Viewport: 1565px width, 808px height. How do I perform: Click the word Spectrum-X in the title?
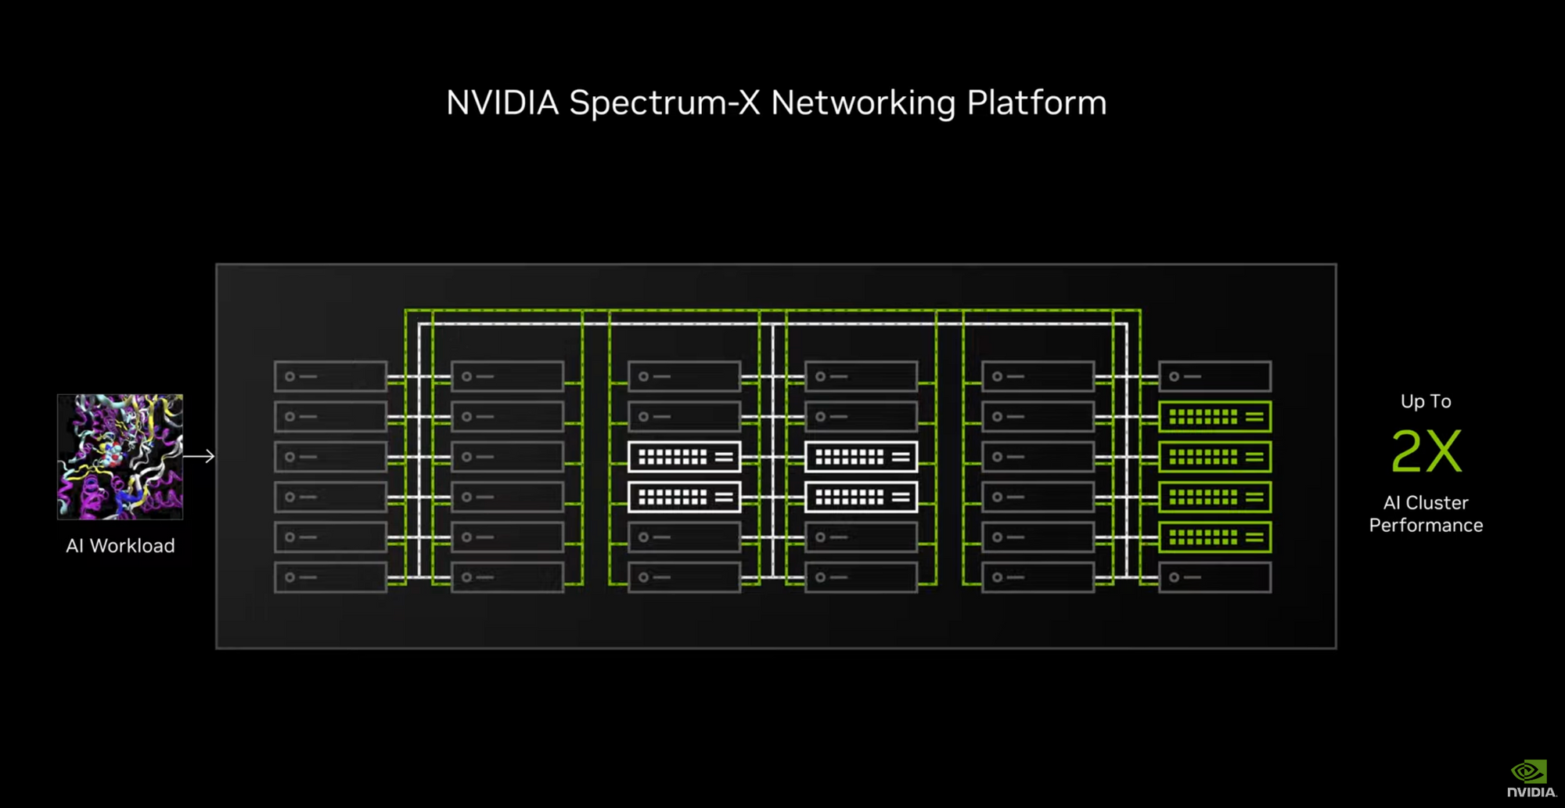click(664, 103)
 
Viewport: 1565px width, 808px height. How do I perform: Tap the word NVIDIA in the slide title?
click(502, 103)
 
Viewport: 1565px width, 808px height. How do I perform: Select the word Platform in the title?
click(1036, 103)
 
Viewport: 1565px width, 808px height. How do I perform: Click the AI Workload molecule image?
click(120, 457)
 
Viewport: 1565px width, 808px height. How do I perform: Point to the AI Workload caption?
click(121, 546)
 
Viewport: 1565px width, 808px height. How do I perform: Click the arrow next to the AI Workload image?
click(200, 456)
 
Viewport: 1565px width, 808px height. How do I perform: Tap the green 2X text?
click(1426, 451)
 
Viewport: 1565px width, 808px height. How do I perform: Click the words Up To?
click(1426, 401)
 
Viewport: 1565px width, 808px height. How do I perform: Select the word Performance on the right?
click(1426, 526)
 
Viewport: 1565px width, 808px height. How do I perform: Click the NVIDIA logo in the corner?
click(1531, 779)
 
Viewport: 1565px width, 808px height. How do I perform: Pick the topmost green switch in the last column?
click(1214, 417)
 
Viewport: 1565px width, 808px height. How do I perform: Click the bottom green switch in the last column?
click(1214, 537)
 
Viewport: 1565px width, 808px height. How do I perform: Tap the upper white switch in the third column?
click(684, 457)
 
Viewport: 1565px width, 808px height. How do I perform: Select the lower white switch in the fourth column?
click(861, 497)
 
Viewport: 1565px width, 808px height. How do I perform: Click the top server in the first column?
click(330, 377)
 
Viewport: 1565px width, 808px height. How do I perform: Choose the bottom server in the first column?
click(330, 577)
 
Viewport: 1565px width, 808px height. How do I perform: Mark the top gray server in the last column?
click(1214, 377)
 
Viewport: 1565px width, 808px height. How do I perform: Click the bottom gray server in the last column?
click(1214, 577)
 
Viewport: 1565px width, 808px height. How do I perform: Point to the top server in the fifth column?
click(1038, 377)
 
